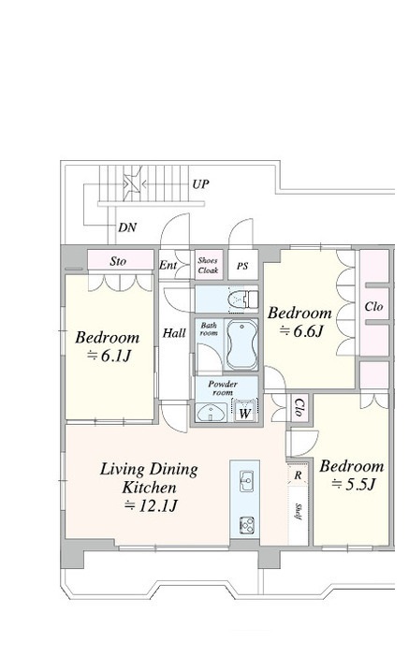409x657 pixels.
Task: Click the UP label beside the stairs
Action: coord(200,184)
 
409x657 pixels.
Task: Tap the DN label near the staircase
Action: coord(127,227)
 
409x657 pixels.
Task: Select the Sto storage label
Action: coord(118,261)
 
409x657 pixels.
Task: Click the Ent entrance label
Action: coord(168,265)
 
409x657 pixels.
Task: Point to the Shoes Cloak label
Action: coord(209,266)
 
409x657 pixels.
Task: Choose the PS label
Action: coord(242,266)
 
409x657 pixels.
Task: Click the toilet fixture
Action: coord(243,299)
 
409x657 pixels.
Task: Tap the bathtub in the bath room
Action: coord(241,344)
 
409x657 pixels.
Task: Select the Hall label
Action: coord(174,333)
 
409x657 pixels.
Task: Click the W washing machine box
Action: coord(244,413)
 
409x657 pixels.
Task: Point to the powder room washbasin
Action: coord(212,413)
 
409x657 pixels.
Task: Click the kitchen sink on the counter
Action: coord(246,481)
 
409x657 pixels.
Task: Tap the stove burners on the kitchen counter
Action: coord(247,526)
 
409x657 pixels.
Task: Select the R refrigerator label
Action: coord(298,475)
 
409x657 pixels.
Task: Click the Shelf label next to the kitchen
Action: coord(299,511)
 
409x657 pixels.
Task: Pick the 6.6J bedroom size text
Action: coord(301,331)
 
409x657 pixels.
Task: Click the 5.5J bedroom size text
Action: coord(353,485)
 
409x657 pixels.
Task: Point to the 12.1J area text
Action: coord(152,506)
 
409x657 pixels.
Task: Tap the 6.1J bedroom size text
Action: coord(110,356)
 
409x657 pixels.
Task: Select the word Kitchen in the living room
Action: coord(149,488)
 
